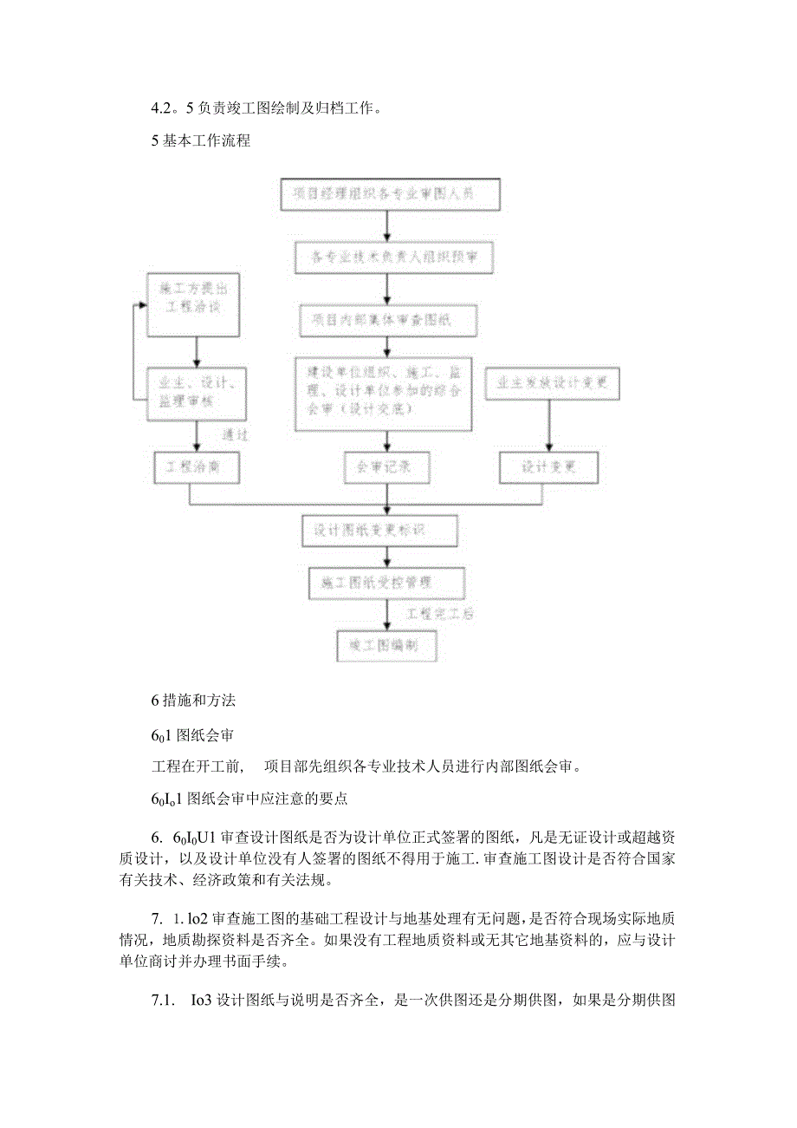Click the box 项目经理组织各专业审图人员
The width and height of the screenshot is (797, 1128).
[x=391, y=194]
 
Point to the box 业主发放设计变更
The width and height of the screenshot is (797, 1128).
[x=547, y=382]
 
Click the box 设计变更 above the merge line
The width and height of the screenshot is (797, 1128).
[x=548, y=467]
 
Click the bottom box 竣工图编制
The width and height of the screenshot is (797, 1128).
[x=387, y=646]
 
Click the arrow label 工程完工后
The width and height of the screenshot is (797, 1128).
[x=439, y=614]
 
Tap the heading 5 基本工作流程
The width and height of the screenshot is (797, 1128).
[x=201, y=140]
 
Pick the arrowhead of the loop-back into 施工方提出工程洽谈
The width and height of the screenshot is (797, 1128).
[x=145, y=305]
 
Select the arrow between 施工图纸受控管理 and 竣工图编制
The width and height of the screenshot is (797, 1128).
[x=387, y=615]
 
